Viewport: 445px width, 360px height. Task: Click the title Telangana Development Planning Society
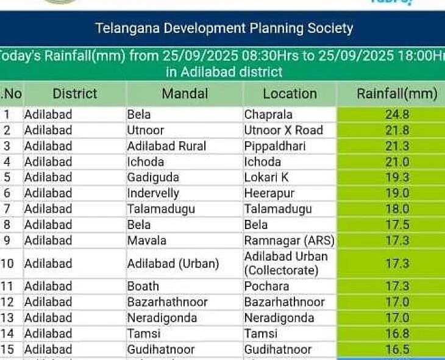tap(224, 28)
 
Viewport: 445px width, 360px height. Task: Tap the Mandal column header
tap(185, 94)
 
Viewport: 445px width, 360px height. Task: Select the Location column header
tap(290, 94)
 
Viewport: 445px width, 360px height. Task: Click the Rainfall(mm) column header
tap(397, 94)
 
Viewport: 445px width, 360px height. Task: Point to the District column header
tap(75, 94)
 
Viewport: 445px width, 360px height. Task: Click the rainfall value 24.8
tap(397, 115)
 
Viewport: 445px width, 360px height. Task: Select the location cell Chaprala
tap(268, 115)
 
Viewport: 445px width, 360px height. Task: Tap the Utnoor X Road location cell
tap(283, 130)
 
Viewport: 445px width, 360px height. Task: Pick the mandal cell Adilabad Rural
tap(166, 146)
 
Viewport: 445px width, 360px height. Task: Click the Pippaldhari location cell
tap(275, 146)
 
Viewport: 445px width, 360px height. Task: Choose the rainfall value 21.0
tap(397, 162)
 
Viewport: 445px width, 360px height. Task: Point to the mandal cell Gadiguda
tap(153, 177)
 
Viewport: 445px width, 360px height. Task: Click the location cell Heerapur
tap(269, 193)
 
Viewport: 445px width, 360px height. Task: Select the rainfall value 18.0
tap(397, 209)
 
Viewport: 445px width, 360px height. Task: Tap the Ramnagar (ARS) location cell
tap(289, 241)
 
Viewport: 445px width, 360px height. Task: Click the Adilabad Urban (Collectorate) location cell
tap(286, 264)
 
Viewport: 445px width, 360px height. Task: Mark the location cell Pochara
tap(266, 286)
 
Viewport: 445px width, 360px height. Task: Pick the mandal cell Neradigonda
tap(162, 318)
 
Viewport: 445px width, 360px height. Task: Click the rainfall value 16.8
tap(397, 334)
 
